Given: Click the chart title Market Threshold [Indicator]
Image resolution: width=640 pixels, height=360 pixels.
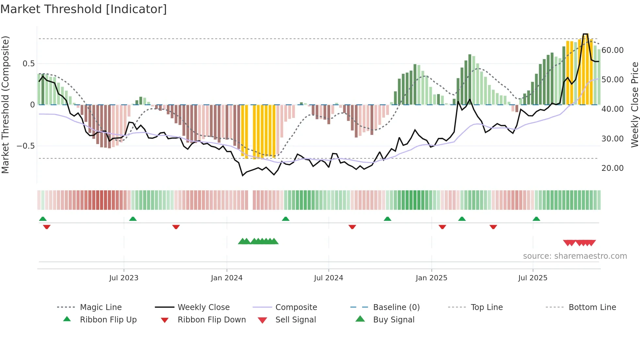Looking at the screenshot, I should tap(84, 9).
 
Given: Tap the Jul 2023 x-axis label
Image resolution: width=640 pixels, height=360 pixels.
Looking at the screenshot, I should tap(124, 278).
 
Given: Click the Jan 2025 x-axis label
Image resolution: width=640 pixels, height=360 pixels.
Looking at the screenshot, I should tap(431, 278).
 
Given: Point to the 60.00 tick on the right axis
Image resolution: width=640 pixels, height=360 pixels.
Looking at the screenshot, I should tap(613, 50).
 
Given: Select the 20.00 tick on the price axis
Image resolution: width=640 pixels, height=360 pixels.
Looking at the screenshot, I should tap(613, 168).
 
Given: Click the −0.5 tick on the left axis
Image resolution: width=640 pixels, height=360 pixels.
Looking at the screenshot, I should tap(26, 146).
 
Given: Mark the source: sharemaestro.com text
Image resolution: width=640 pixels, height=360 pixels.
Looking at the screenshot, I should tap(575, 256).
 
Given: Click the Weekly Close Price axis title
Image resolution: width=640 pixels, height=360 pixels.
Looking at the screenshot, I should tap(634, 105).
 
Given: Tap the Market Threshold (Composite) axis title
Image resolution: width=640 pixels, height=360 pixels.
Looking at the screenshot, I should tap(5, 105).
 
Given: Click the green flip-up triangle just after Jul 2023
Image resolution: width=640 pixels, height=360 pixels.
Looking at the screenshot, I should tap(133, 219).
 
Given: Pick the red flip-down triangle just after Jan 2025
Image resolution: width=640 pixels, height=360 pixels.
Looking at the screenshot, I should tap(442, 227).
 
